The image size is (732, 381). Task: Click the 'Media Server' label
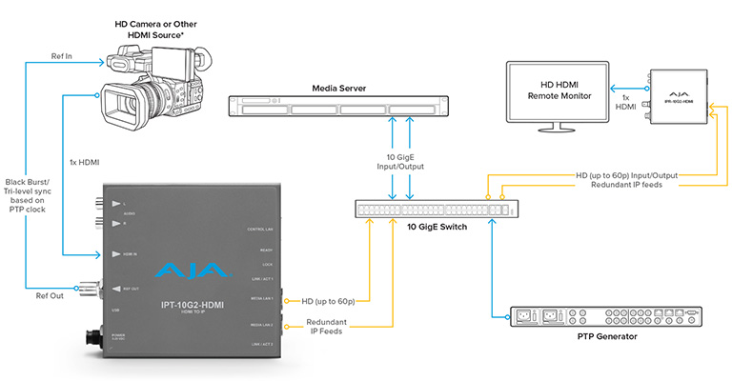point(339,89)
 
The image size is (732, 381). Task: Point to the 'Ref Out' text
point(51,296)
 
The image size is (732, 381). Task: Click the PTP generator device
point(567,314)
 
